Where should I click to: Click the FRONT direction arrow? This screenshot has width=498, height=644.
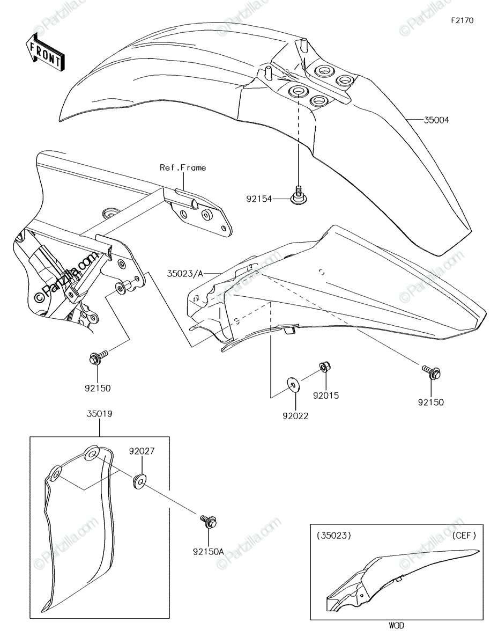coord(44,53)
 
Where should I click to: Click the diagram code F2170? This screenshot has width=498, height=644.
coord(462,20)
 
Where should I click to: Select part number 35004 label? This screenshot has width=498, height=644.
coord(436,120)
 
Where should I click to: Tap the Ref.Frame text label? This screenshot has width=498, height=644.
coord(183,168)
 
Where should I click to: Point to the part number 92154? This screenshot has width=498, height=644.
coord(259,199)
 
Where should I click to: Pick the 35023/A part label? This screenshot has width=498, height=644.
coord(185,274)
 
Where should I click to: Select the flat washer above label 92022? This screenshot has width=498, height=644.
coord(293,385)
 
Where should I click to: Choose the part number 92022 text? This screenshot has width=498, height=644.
coord(295,416)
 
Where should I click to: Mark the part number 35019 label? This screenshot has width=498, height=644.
coord(99,414)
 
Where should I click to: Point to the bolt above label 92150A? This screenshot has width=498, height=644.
coord(209,522)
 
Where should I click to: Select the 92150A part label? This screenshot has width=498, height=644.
coord(209,552)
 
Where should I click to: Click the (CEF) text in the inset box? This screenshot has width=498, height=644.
coord(464,536)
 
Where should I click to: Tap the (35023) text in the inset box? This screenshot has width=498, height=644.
coord(334,536)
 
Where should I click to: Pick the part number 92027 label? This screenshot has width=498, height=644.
coord(142,451)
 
